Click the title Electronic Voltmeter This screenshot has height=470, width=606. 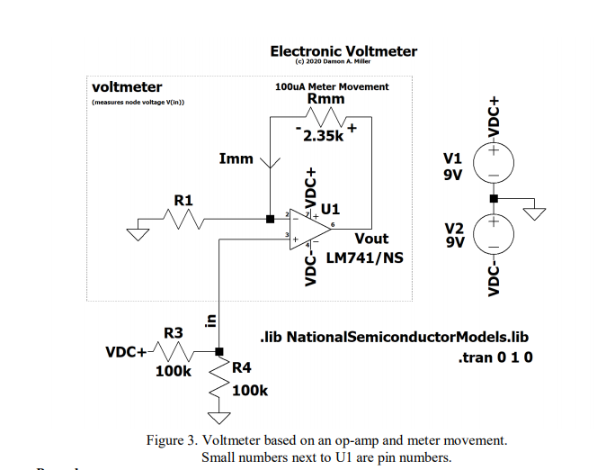pos(343,51)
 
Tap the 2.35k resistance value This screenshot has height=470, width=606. pos(323,137)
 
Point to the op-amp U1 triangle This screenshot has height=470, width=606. pos(311,226)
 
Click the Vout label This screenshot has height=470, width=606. pos(371,239)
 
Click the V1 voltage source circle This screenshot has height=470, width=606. pos(493,163)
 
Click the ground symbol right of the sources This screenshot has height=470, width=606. pos(536,214)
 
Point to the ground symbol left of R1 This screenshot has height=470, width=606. pos(137,234)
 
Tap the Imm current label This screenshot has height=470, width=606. pos(236,159)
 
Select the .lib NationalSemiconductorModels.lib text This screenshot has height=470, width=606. pos(392,337)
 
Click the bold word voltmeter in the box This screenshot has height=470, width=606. pos(127,87)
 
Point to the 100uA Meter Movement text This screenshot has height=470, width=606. pos(332,86)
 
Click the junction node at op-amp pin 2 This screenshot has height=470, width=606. pos(270,219)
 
